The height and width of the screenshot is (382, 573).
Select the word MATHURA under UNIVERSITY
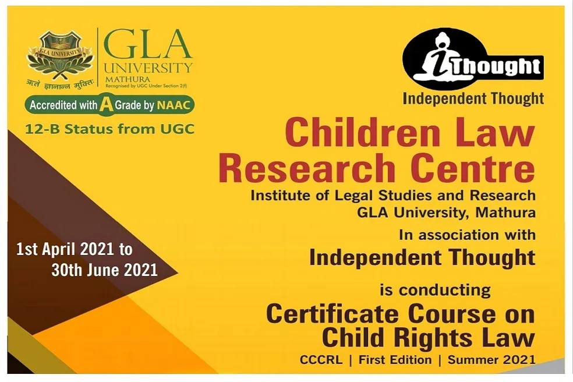tap(128, 79)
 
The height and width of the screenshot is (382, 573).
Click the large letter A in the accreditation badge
tap(106, 104)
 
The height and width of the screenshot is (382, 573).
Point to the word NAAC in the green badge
tap(174, 105)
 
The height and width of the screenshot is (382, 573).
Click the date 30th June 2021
tap(104, 270)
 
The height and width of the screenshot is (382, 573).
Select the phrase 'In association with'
tap(468, 235)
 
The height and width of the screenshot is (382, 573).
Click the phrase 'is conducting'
tap(435, 291)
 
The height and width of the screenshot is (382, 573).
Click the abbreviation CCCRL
tap(321, 360)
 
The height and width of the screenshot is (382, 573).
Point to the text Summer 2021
tap(491, 360)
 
